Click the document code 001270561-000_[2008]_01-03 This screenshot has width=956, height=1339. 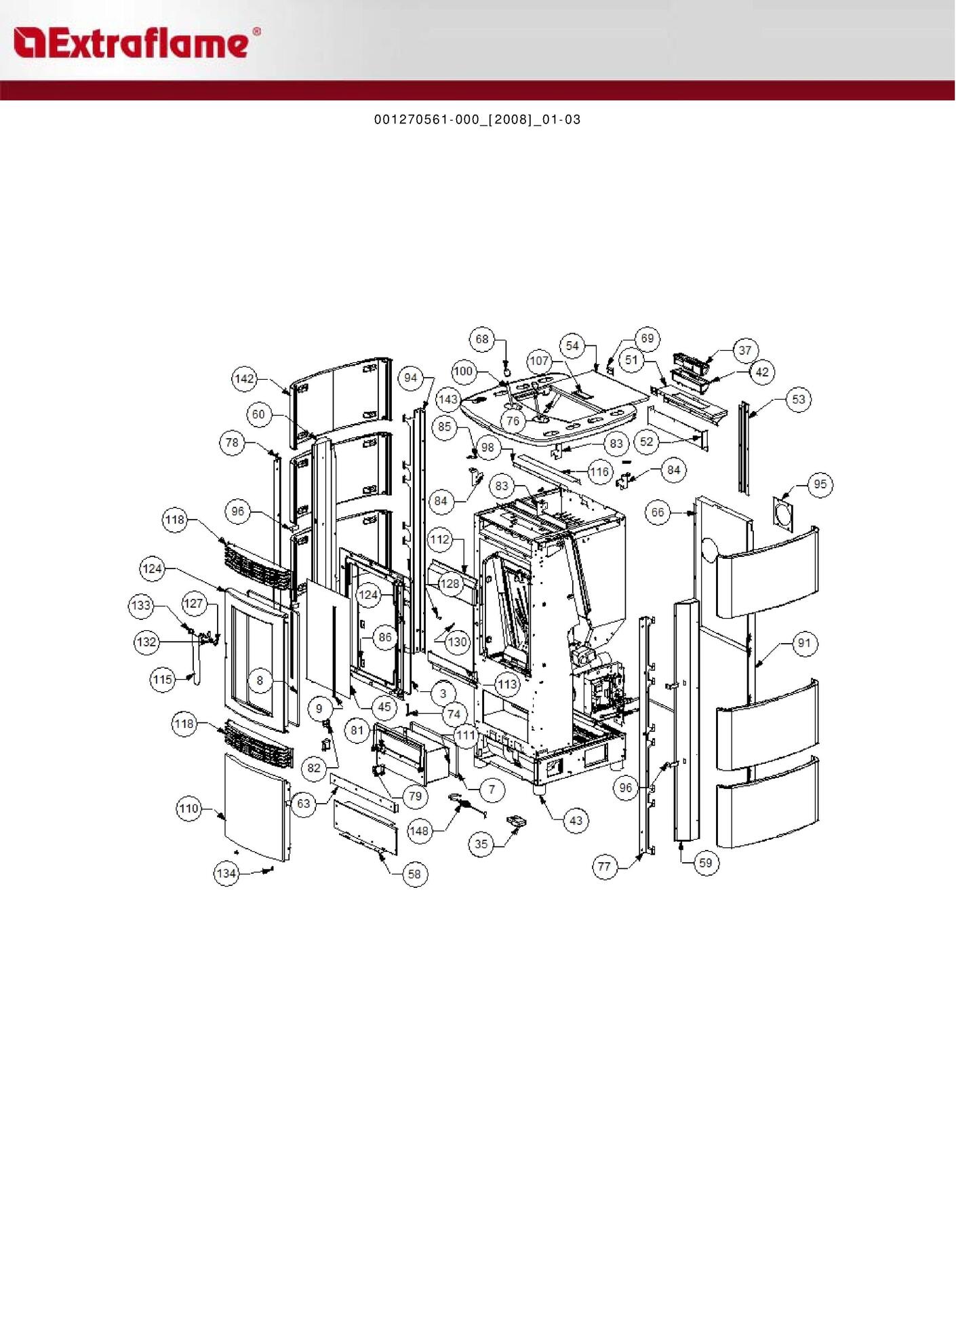477,120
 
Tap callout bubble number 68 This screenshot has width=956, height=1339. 482,339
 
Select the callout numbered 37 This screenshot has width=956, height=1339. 745,351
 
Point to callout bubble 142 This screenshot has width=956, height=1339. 244,379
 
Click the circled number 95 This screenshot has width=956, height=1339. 820,484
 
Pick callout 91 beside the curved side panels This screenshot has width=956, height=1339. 804,643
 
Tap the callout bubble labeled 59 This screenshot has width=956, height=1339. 706,863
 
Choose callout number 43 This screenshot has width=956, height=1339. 576,821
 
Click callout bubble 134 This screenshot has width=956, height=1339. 226,873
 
